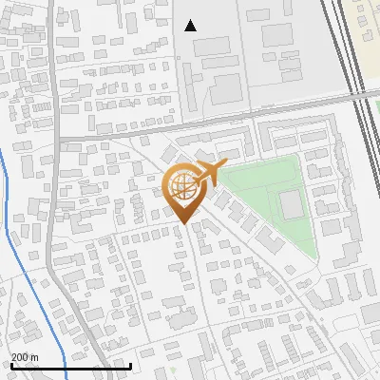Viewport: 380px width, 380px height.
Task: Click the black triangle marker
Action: click(x=191, y=26)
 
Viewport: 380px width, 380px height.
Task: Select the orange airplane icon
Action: click(x=210, y=173)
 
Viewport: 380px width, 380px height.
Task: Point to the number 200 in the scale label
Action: click(x=21, y=357)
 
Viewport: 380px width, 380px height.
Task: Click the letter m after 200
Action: click(x=35, y=357)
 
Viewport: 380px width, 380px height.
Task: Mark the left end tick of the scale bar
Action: click(x=10, y=364)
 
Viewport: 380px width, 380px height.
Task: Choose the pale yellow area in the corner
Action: click(x=366, y=19)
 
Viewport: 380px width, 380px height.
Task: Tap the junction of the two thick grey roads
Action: click(x=59, y=141)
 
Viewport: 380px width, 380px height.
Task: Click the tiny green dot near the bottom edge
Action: click(x=174, y=370)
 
